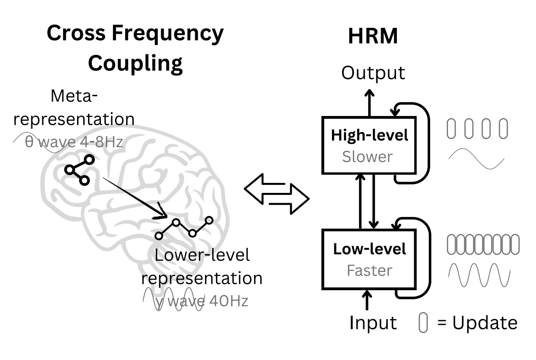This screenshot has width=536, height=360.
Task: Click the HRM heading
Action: click(373, 37)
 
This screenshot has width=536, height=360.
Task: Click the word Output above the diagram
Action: click(373, 73)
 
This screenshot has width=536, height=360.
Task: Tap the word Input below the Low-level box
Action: click(373, 322)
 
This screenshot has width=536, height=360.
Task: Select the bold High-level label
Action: click(369, 135)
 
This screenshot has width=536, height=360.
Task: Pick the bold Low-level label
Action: click(369, 249)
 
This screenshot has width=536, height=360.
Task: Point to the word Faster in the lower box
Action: click(370, 270)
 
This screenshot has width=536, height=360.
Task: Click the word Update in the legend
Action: click(485, 322)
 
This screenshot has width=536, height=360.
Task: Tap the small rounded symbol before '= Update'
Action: click(423, 323)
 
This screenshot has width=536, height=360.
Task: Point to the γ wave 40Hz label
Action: click(202, 301)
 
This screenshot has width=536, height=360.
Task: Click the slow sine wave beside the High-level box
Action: click(476, 159)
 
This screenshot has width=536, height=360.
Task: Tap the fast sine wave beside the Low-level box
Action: click(479, 276)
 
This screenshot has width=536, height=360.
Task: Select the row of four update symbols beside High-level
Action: click(477, 129)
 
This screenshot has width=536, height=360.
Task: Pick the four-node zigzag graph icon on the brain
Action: click(184, 228)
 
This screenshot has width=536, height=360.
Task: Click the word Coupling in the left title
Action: click(135, 63)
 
